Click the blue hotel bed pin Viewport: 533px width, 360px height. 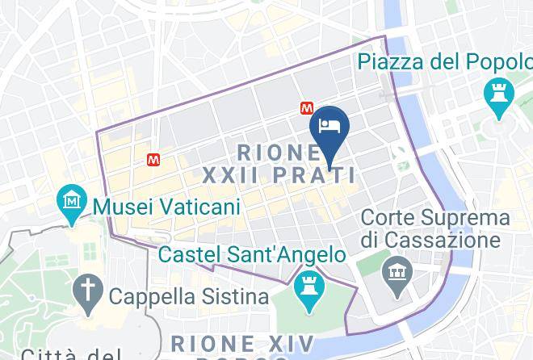click(330, 126)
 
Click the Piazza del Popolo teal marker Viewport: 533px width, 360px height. click(497, 94)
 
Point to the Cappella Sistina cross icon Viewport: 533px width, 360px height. click(86, 288)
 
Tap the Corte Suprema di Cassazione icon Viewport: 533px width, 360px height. click(397, 269)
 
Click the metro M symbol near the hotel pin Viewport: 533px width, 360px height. click(306, 107)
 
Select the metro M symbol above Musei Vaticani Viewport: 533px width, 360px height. click(153, 160)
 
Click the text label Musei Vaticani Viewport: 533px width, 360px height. click(167, 207)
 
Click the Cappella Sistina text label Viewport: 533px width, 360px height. click(188, 296)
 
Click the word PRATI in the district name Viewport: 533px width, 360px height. click(321, 175)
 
